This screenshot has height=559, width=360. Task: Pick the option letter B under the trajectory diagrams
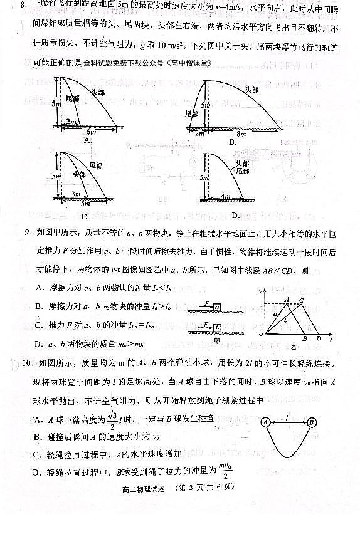232,142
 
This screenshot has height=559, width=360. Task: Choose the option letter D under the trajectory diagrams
235,216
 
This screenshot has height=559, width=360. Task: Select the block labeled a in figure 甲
216,307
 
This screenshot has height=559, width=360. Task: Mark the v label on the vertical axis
260,291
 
